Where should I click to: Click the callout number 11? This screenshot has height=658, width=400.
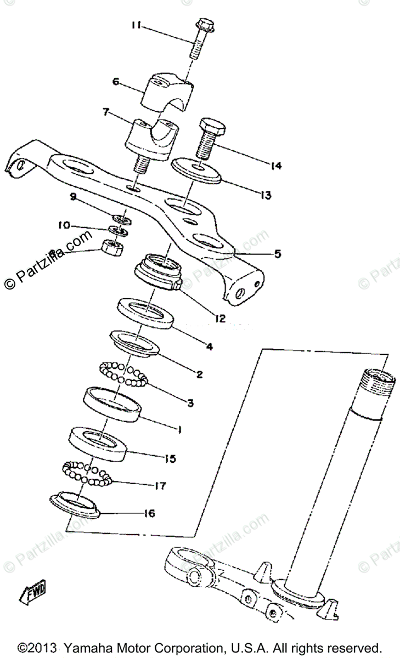tap(137, 25)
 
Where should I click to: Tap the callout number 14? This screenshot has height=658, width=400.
tap(276, 165)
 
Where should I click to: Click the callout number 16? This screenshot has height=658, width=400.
tap(149, 514)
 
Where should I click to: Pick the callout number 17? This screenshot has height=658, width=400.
tap(160, 486)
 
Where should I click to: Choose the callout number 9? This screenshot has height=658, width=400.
tap(73, 197)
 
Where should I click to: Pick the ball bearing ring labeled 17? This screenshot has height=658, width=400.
tap(86, 472)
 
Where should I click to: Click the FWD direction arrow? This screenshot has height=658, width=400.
tap(34, 592)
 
